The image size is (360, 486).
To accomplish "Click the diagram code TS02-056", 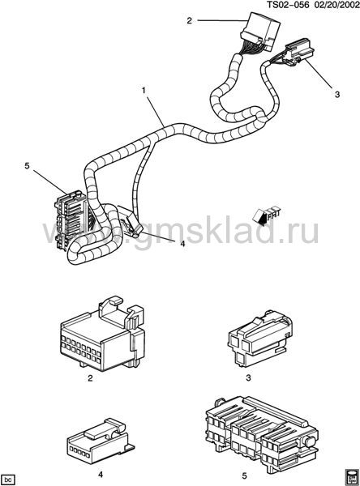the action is [289, 5].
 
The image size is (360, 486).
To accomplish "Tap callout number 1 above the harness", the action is [144, 91].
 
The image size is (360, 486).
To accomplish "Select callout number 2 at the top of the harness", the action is [189, 21].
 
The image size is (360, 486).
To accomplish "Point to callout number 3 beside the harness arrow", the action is [337, 94].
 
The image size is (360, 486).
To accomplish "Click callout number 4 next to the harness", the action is [182, 244].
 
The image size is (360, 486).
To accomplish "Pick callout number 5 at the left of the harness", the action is [27, 166].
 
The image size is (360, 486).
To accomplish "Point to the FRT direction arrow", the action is [267, 215].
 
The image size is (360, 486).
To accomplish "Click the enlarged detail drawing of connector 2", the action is [102, 334].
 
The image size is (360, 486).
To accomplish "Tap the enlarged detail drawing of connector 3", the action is [260, 339].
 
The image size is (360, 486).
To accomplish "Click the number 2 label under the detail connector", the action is [90, 378].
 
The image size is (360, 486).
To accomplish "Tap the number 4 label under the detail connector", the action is [101, 475].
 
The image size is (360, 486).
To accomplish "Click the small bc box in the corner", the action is [8, 480].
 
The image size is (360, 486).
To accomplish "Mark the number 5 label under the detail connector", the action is [244, 475].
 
